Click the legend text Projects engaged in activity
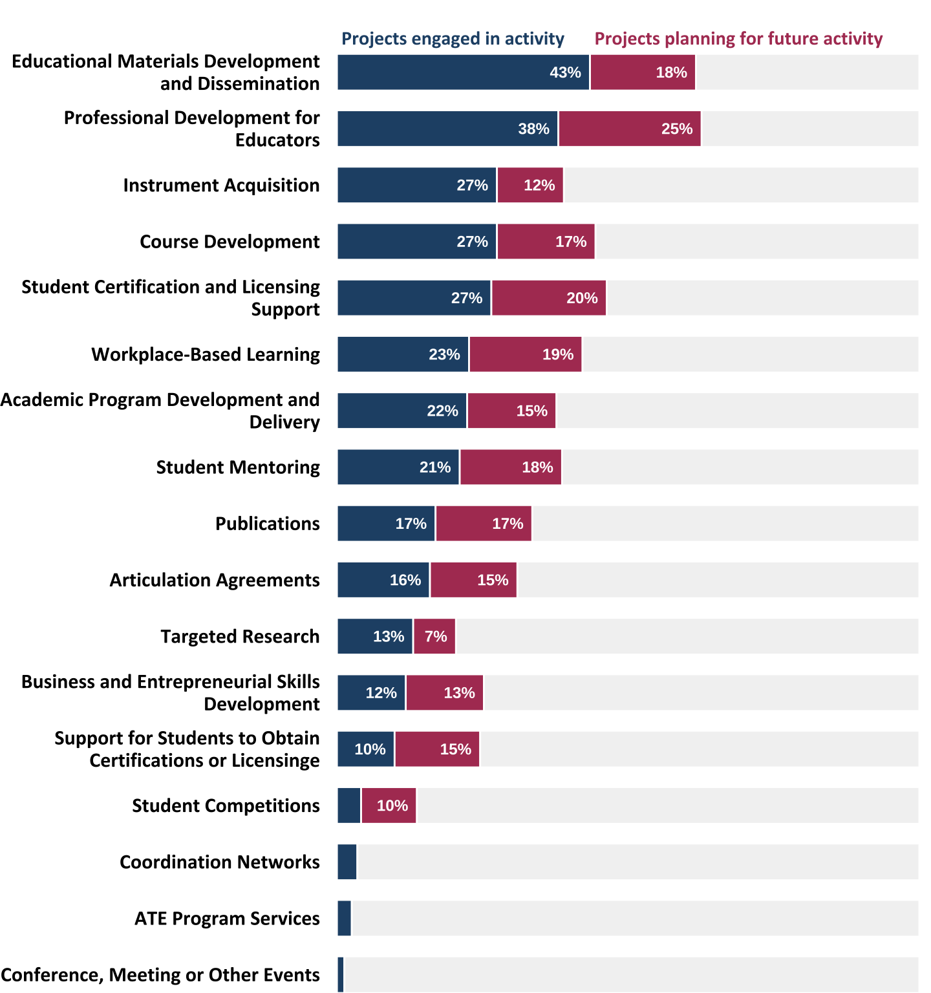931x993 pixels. coord(453,39)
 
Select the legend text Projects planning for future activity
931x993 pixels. coord(738,39)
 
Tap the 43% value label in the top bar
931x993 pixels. coord(565,72)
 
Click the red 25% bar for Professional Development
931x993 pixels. coord(630,129)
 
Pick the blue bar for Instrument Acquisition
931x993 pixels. coord(416,185)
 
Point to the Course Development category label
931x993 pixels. coord(230,242)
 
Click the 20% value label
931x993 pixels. coord(582,298)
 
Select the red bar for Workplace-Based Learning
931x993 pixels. coord(525,354)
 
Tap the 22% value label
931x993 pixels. coord(442,411)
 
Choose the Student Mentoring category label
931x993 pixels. coord(238,467)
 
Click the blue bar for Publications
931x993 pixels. coord(386,524)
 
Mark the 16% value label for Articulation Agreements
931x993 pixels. coord(405,580)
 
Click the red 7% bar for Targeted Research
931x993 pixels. coord(434,636)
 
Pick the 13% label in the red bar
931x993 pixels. coord(459,693)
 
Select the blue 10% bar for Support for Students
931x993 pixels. coord(365,749)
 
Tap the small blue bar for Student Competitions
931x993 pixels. coord(349,806)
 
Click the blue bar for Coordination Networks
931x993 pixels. coord(347,862)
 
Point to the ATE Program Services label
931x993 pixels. coord(227,919)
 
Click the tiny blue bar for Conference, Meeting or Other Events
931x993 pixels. coord(341,975)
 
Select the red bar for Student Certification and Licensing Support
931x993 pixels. coord(548,298)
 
